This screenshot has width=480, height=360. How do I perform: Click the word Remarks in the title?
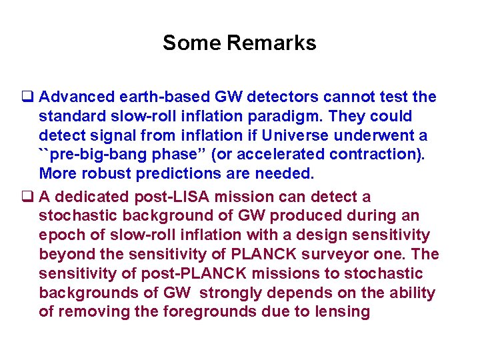(x=271, y=43)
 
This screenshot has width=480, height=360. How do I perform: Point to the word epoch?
(x=61, y=235)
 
